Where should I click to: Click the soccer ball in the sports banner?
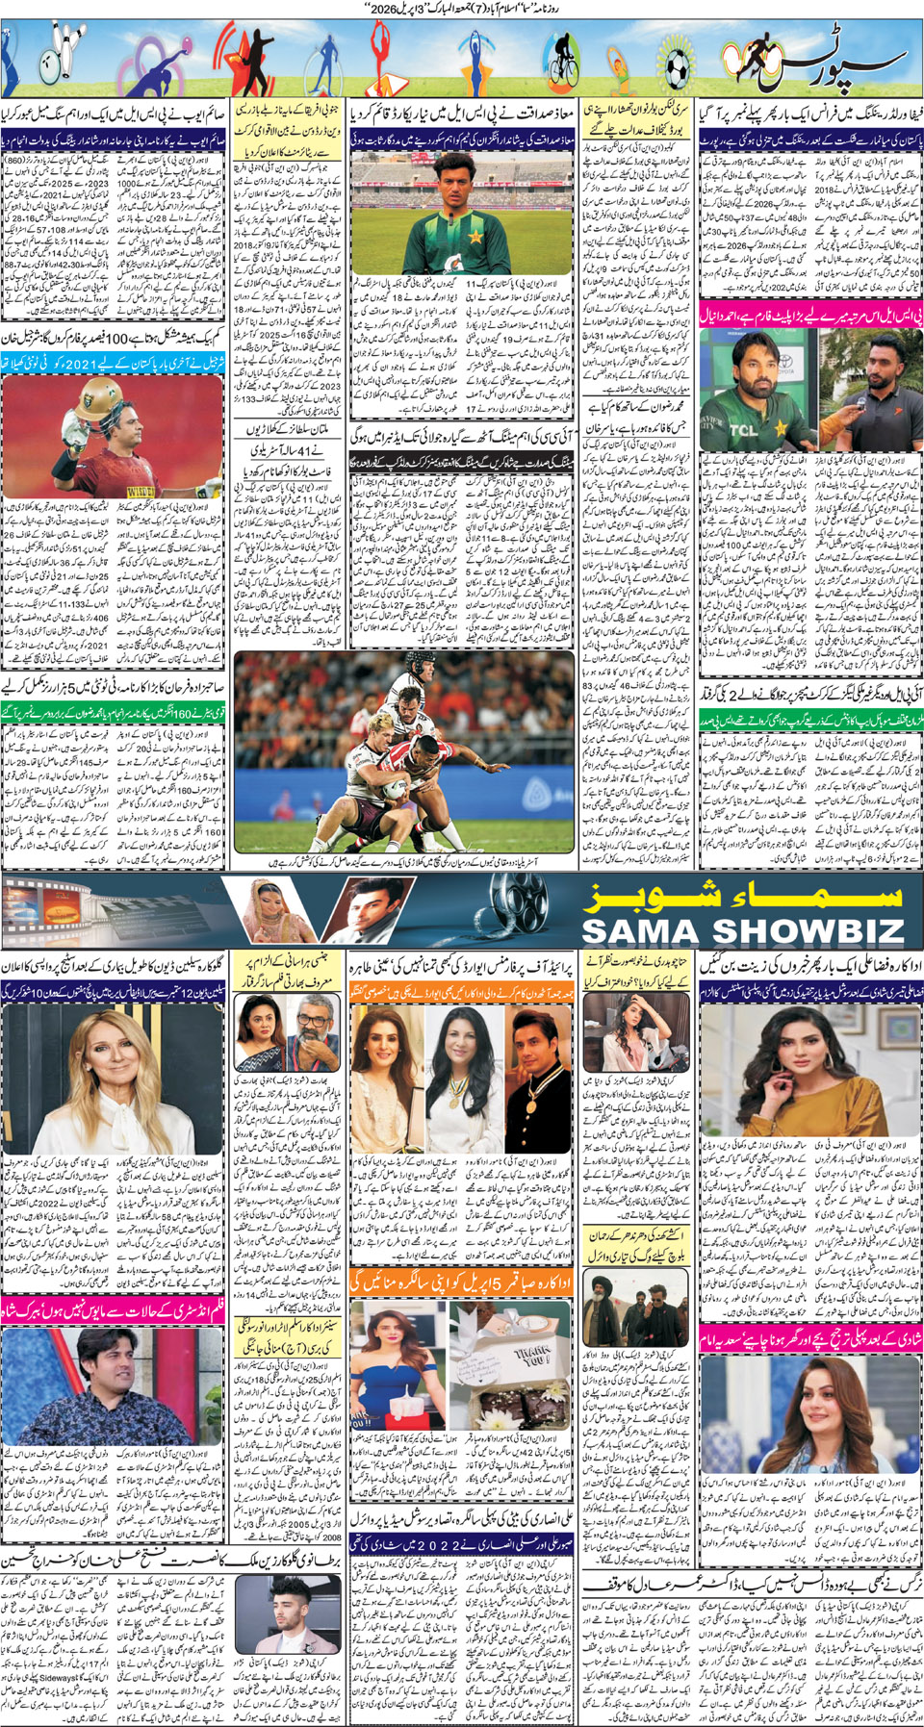tap(677, 67)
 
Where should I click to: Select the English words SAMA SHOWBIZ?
tap(743, 930)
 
